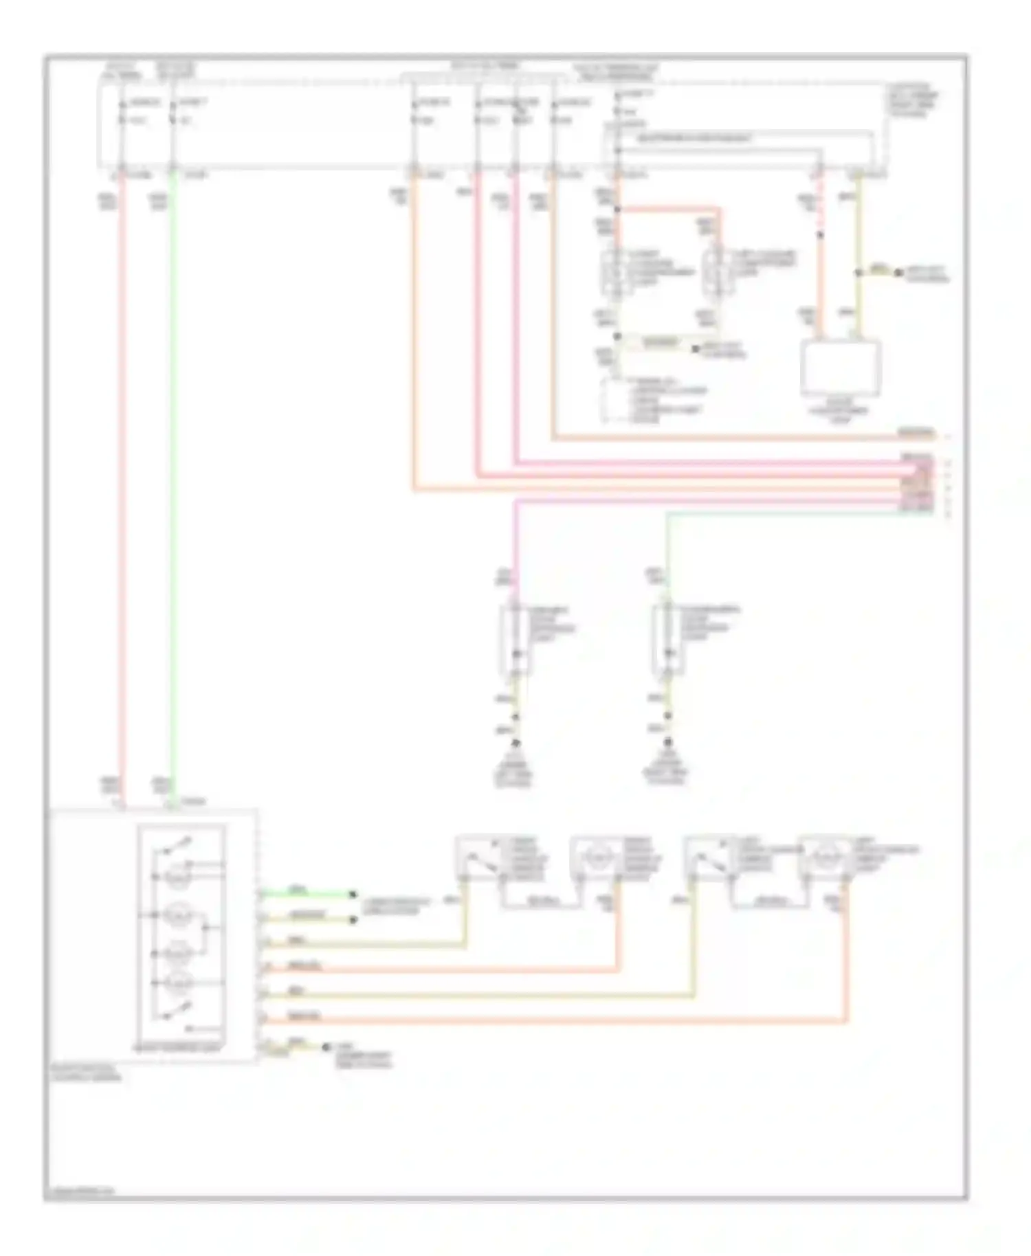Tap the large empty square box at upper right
(841, 368)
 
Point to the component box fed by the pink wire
(515, 639)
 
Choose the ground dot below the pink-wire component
(515, 744)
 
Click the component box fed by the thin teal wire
(667, 639)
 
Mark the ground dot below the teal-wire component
(667, 744)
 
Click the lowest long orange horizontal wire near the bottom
(550, 1022)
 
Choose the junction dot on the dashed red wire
(819, 234)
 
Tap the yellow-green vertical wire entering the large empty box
(858, 302)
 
